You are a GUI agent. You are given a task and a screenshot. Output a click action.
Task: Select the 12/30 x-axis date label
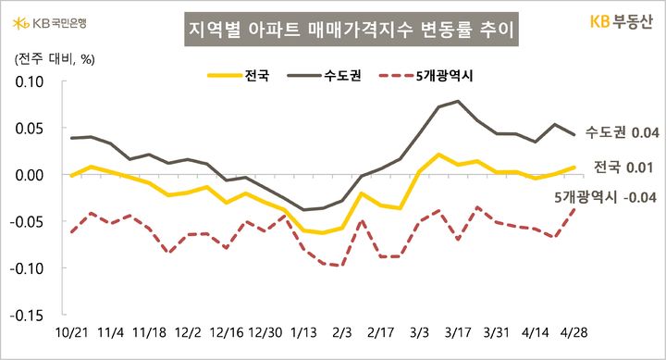click(x=265, y=330)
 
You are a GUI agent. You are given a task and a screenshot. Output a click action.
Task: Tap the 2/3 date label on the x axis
click(x=342, y=330)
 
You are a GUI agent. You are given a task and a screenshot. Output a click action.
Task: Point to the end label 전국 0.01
click(x=623, y=168)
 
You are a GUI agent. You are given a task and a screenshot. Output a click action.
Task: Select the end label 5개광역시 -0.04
click(x=606, y=196)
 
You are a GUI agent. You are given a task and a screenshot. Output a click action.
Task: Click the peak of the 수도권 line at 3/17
click(x=458, y=101)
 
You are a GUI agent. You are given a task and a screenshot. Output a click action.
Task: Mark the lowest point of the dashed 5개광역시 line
click(x=342, y=265)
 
